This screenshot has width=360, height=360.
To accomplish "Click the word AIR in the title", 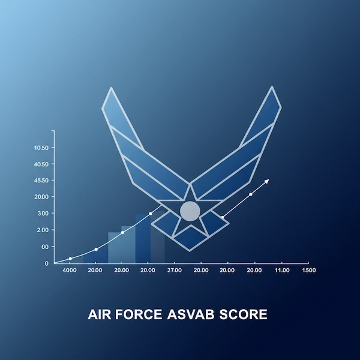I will pos(101,314).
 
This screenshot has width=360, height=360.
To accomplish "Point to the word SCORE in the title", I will pos(245,314).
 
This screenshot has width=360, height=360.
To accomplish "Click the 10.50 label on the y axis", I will pos(41,148).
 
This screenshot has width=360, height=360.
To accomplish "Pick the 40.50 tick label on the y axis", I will pos(41,164).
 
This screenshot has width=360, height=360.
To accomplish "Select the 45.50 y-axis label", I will pos(41,180).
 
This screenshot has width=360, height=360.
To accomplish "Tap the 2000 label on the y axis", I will pos(41,197).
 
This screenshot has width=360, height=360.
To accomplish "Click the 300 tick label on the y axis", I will pos(43,213).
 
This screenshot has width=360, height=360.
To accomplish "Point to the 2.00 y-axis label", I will pos(43,230).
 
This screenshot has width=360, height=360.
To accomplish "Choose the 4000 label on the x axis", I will pos(70,271).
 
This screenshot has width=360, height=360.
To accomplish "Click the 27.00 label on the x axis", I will pos(174,271).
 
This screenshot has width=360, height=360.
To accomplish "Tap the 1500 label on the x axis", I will pos(309,271).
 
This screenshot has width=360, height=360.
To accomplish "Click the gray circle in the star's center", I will pos(190,211).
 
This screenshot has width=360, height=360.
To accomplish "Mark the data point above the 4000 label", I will pos(70,259).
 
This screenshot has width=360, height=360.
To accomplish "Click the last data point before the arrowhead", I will pos(251,194).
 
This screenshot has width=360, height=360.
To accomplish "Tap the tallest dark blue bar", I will pos(143,239).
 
